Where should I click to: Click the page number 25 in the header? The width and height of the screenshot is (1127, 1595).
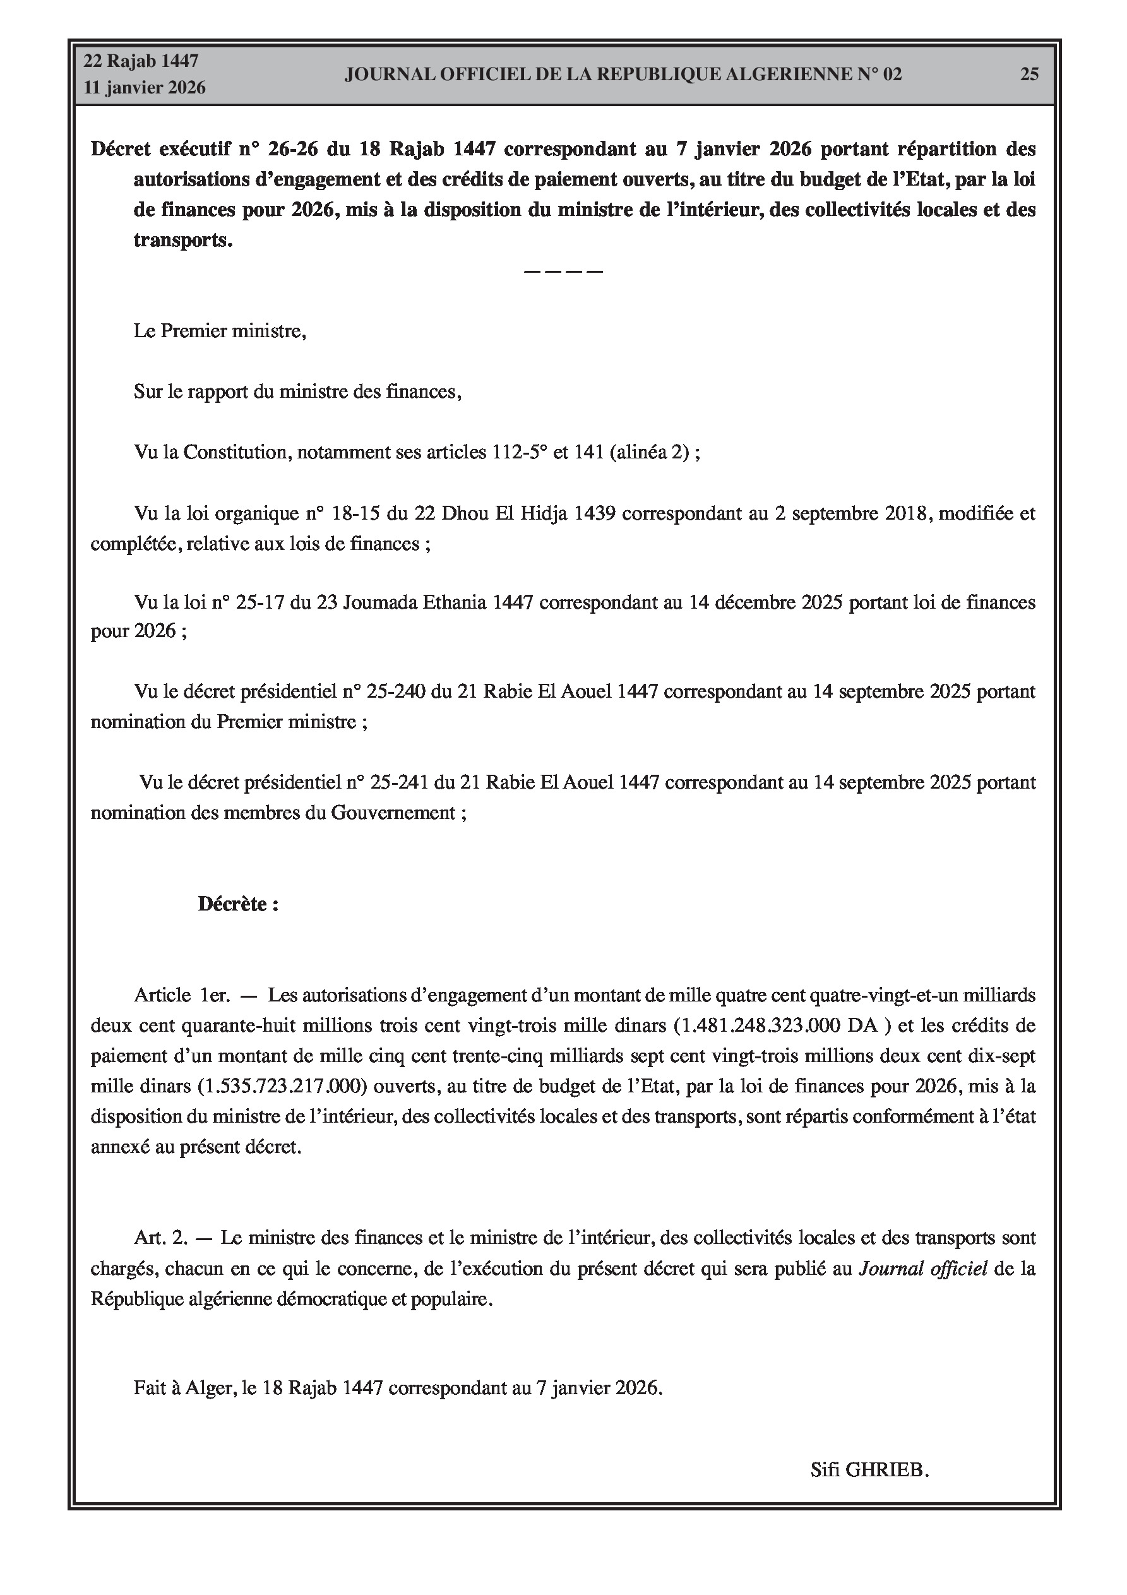click(x=1029, y=75)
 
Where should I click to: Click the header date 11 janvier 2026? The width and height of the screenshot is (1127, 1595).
click(x=145, y=88)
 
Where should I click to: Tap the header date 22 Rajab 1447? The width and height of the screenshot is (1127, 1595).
click(x=141, y=61)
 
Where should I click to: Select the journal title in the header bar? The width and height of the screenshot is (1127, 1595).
click(x=623, y=75)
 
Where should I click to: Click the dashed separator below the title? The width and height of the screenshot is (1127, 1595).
click(x=563, y=271)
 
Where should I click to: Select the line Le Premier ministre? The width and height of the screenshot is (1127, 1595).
click(x=220, y=331)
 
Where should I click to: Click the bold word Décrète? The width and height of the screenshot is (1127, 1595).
click(x=233, y=904)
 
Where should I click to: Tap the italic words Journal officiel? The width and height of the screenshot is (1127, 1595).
click(x=922, y=1269)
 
